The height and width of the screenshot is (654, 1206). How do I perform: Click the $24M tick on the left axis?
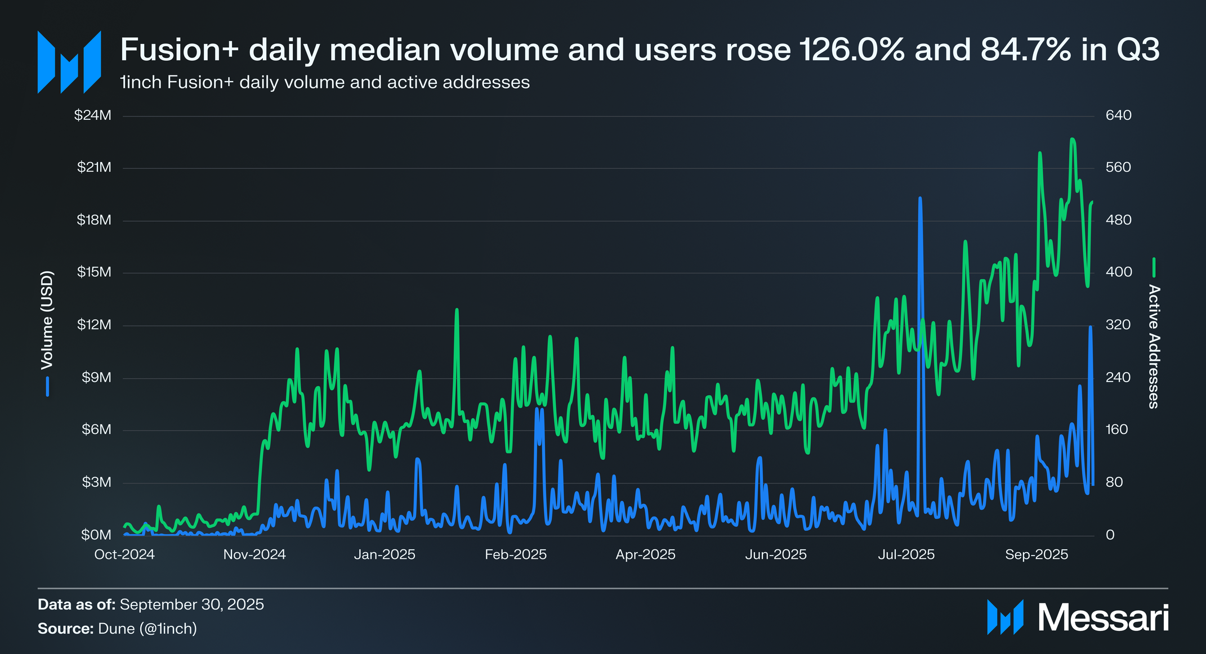(93, 115)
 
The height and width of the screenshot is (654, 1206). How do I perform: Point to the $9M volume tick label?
(96, 377)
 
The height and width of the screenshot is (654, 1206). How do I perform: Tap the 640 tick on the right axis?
(1118, 115)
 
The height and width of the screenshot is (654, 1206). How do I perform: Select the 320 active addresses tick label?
(1118, 325)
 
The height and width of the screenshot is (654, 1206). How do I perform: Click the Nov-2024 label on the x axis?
(254, 554)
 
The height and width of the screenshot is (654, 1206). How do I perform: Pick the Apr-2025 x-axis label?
(645, 554)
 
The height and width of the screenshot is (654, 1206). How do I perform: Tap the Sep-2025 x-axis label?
(1037, 554)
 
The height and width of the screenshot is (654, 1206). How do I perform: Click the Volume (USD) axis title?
(47, 321)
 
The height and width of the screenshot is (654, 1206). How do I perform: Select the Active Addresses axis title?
(1154, 346)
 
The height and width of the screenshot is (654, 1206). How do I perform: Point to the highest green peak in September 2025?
(1073, 139)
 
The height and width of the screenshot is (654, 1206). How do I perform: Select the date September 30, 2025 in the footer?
(191, 604)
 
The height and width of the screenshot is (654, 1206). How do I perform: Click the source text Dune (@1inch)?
(148, 628)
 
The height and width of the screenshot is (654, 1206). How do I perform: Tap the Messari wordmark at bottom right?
(1104, 617)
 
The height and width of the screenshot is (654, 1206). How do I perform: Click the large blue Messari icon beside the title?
(69, 62)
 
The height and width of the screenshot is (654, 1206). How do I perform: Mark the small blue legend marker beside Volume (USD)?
(48, 387)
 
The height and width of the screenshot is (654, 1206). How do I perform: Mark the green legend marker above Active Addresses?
(1154, 267)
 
